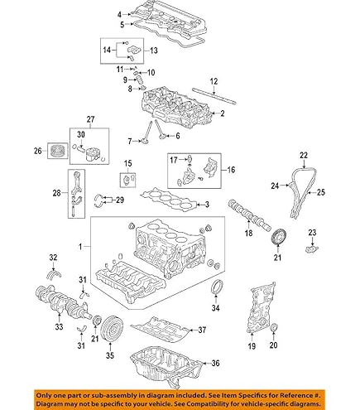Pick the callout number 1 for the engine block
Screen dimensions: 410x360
pos(81,247)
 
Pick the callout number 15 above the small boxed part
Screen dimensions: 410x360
pos(127,162)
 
